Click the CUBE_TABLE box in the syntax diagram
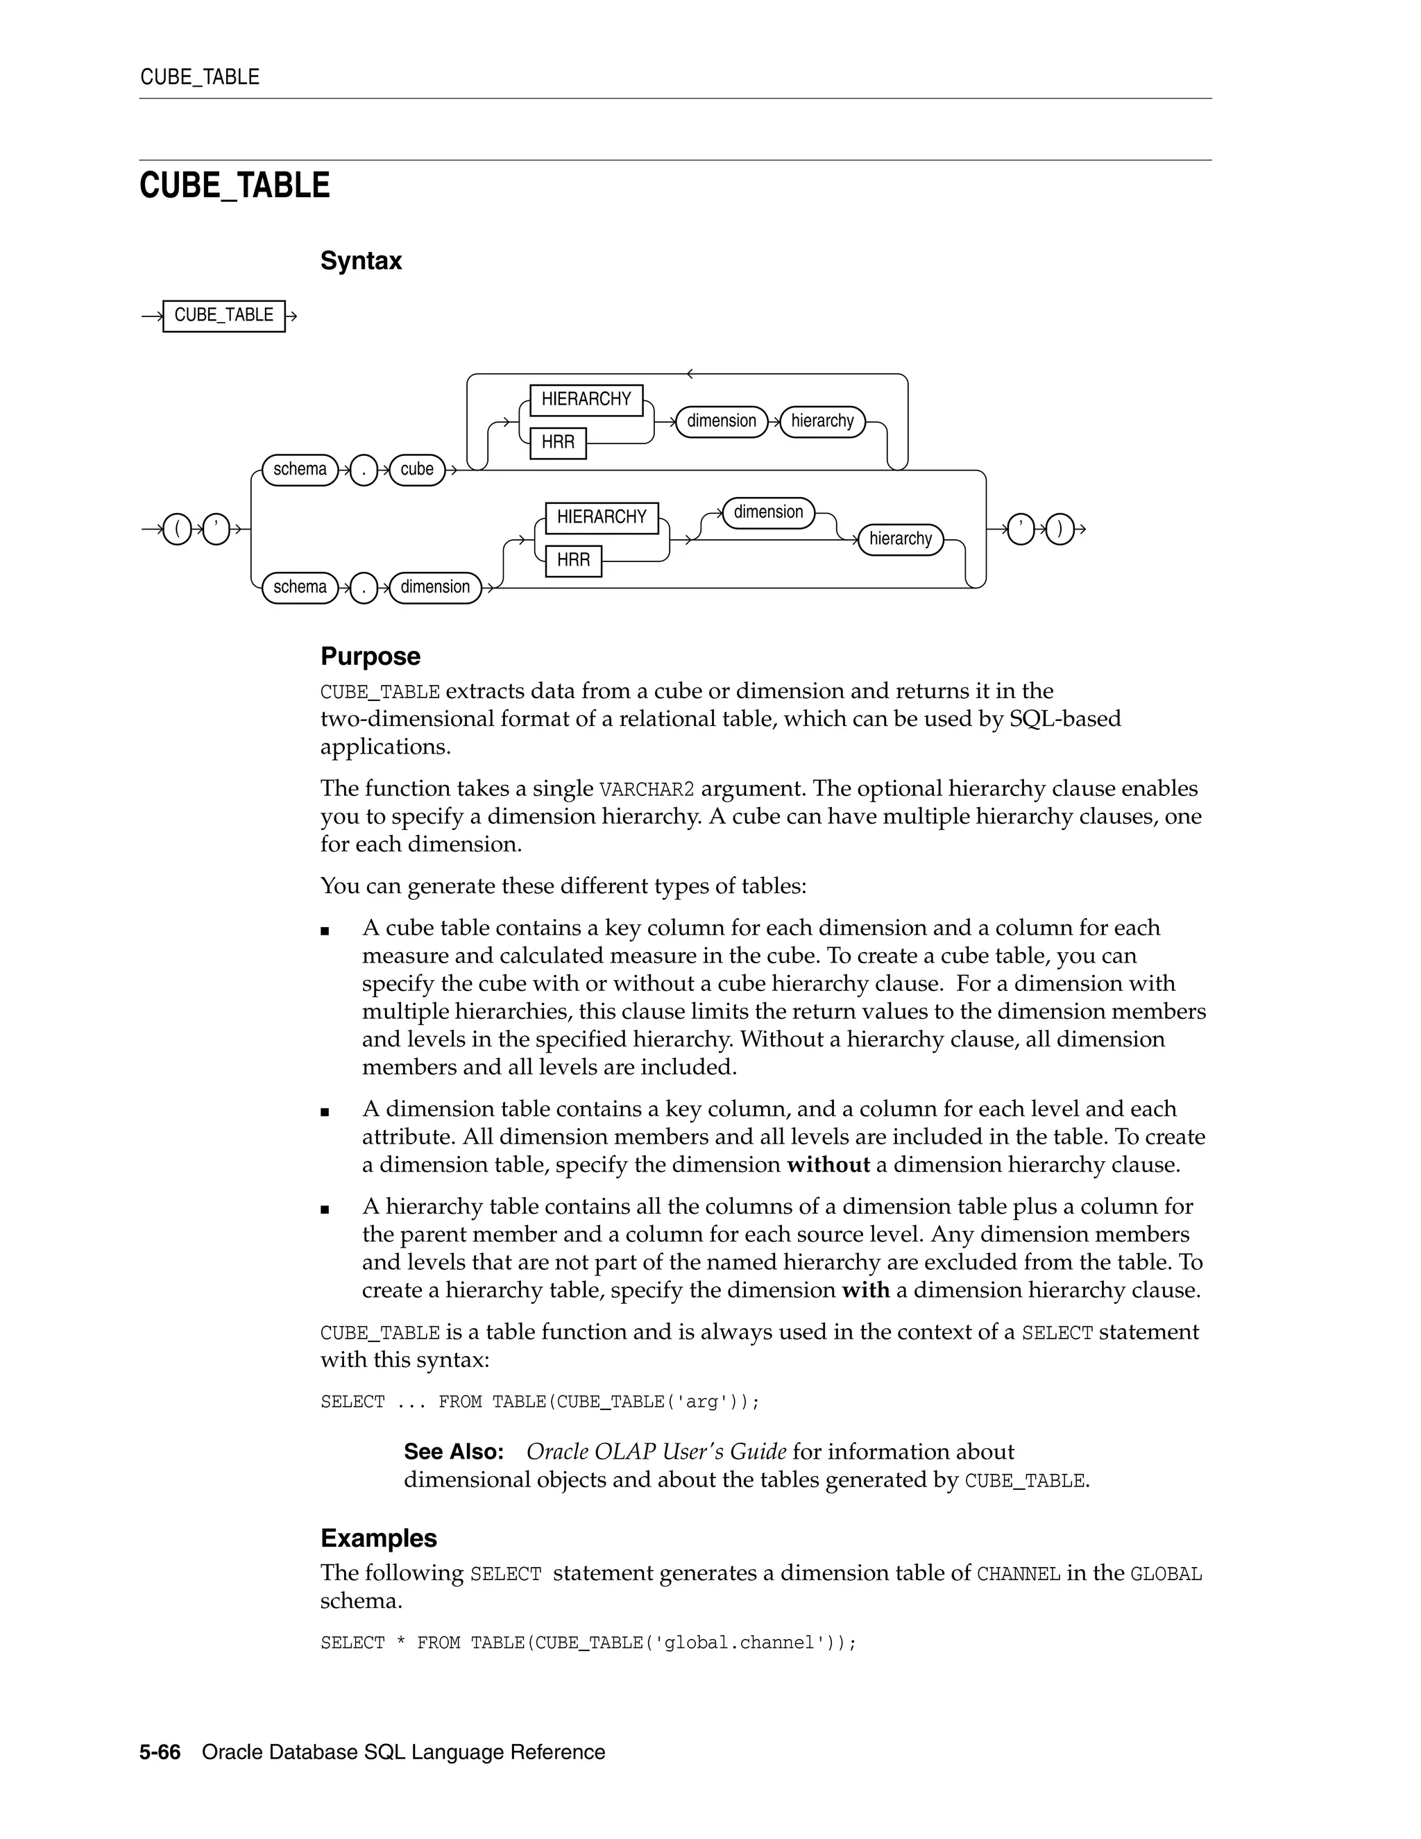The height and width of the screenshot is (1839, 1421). tap(223, 316)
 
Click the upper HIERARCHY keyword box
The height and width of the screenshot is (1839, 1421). tap(586, 400)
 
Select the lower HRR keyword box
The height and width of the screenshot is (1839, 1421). tap(573, 561)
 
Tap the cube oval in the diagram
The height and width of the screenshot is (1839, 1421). tap(417, 470)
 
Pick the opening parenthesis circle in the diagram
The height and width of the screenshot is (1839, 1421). tap(177, 529)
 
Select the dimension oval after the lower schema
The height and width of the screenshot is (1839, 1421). tap(434, 588)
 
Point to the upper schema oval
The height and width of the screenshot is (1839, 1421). tap(300, 470)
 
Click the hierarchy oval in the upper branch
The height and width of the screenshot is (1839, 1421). tap(822, 421)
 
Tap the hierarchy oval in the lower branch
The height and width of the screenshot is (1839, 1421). tap(900, 539)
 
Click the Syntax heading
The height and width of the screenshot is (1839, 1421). tap(360, 261)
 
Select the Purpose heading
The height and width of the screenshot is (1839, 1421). tap(370, 656)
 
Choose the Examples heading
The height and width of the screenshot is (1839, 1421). tap(378, 1538)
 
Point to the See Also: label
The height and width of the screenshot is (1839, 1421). tap(453, 1452)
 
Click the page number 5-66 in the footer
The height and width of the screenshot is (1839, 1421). tap(160, 1752)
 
